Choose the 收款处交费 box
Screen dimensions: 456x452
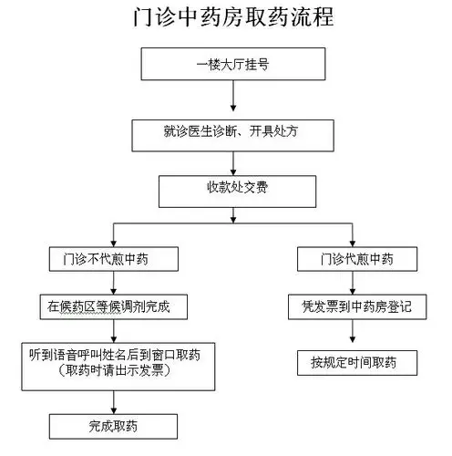click(235, 191)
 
